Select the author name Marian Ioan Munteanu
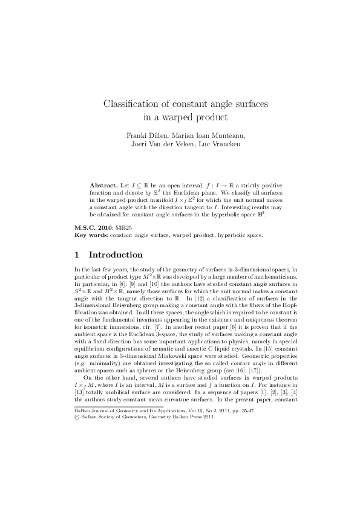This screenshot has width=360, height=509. tap(201, 135)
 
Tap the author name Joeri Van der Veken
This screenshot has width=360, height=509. tap(163, 144)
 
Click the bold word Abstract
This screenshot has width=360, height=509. tap(103, 183)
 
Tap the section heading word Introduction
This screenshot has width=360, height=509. tap(116, 255)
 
